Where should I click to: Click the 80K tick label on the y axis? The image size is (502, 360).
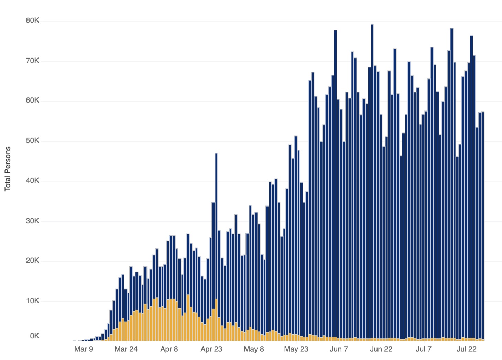point(32,21)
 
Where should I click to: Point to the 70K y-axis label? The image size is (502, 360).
point(32,61)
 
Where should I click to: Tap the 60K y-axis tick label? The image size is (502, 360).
point(32,100)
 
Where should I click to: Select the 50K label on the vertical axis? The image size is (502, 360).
point(32,141)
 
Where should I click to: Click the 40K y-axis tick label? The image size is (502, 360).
point(32,181)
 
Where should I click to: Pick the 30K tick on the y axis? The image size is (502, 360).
point(32,221)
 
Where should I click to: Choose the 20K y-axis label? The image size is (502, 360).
point(32,261)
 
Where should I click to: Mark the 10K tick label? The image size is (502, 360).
point(32,301)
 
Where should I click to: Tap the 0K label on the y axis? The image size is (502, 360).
point(34,336)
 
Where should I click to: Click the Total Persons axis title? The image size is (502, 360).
point(8,169)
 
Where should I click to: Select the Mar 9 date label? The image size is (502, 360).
point(84,349)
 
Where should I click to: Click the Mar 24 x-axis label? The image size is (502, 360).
point(126,349)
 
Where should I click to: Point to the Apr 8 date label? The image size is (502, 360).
point(169,349)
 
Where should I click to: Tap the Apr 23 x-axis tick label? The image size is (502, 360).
point(211,349)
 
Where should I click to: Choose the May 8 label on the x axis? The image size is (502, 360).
point(254,349)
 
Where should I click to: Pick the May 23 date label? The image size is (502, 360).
point(296,349)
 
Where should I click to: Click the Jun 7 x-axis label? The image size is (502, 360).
point(339,349)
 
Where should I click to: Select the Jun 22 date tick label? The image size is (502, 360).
point(381,349)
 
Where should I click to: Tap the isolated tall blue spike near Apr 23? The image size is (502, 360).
point(216,207)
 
